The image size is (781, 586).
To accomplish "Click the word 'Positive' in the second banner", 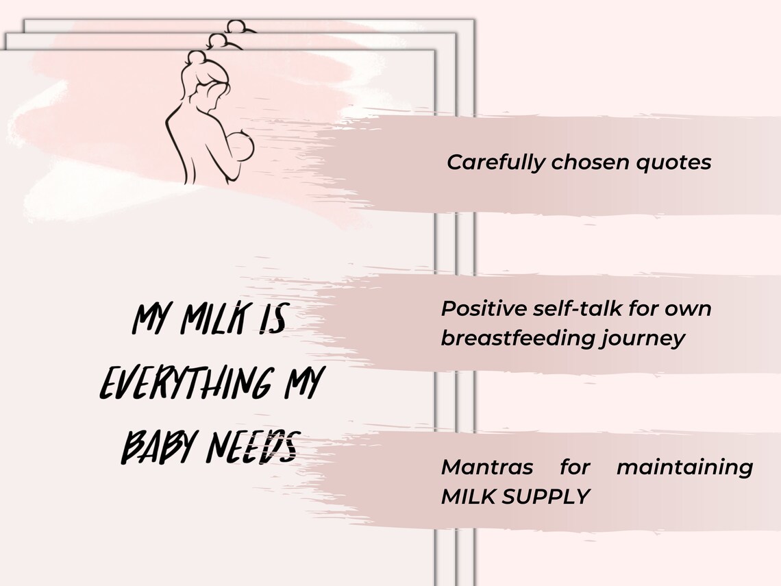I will pos(484,308).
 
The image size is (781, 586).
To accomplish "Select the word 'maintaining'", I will pos(684,467).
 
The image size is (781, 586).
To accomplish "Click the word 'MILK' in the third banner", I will pos(469,497).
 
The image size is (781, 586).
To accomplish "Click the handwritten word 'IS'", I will pos(273,321).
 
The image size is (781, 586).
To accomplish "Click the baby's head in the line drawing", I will pos(241,148).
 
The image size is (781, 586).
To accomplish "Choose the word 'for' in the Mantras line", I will pos(574,467).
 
